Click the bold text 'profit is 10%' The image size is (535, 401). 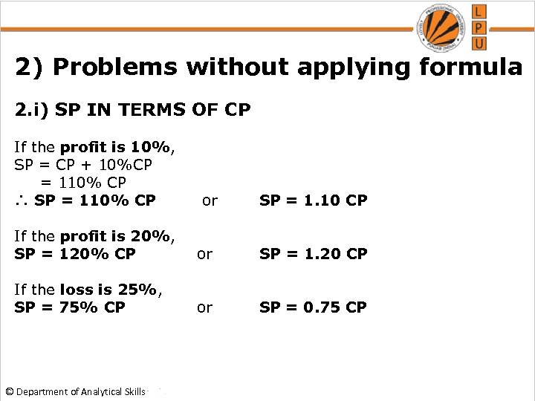click(116, 147)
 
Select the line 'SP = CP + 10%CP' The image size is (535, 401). click(83, 164)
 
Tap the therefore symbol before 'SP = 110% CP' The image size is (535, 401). click(22, 200)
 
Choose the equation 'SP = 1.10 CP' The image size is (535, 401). click(313, 200)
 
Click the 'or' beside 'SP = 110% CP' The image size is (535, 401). click(210, 200)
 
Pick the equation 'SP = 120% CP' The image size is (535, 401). click(75, 254)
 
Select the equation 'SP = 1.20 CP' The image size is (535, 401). click(313, 254)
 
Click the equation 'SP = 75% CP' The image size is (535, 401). click(70, 307)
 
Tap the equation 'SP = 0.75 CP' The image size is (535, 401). click(313, 307)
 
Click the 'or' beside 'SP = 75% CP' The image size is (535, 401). click(204, 307)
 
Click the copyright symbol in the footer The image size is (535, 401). click(9, 391)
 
